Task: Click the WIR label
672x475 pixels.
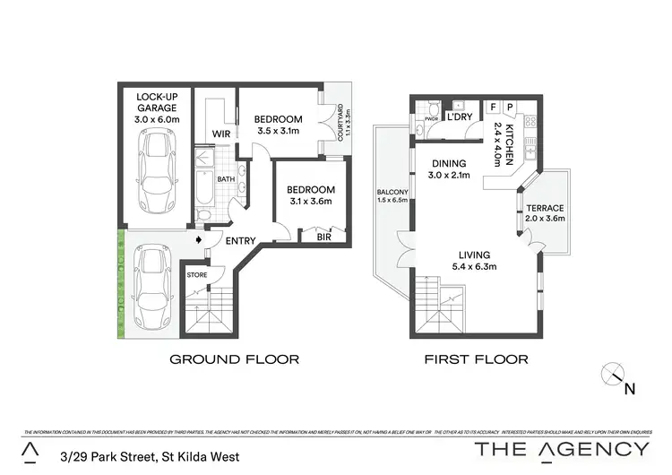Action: pos(221,134)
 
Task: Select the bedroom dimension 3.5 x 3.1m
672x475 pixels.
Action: pos(278,131)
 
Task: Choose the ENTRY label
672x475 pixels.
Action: pos(240,240)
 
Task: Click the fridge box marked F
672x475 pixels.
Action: pos(493,106)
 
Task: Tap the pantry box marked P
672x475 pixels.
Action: pos(510,106)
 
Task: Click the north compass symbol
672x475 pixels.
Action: pos(614,377)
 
